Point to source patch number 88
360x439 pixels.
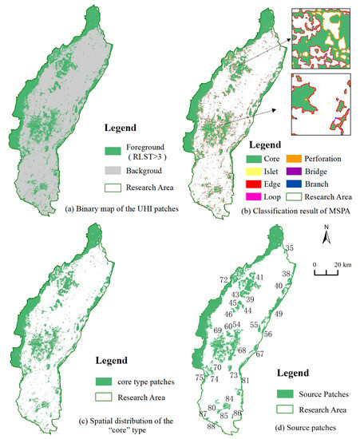211,426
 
